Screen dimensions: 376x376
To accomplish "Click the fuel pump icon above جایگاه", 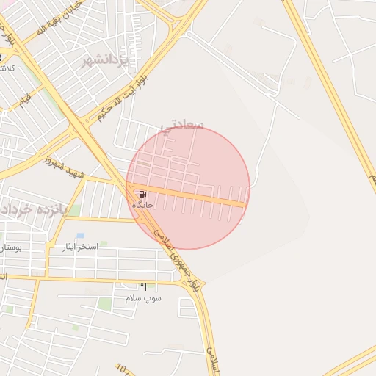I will (141, 194).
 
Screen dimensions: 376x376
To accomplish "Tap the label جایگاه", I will (142, 205).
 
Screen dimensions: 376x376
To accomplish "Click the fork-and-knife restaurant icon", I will (143, 286).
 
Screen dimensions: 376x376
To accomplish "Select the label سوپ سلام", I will (143, 298).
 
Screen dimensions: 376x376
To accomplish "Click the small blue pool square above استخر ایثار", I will (80, 236).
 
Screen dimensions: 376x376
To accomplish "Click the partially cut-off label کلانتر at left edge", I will (7, 68).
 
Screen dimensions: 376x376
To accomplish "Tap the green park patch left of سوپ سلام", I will (106, 303).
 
